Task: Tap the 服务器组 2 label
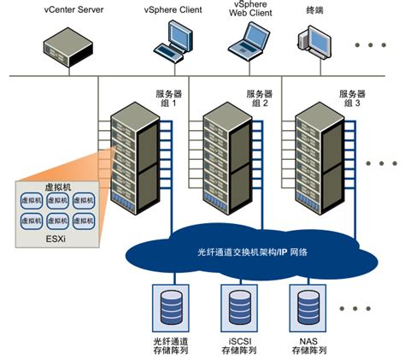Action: [259, 98]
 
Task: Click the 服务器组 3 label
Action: [352, 98]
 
